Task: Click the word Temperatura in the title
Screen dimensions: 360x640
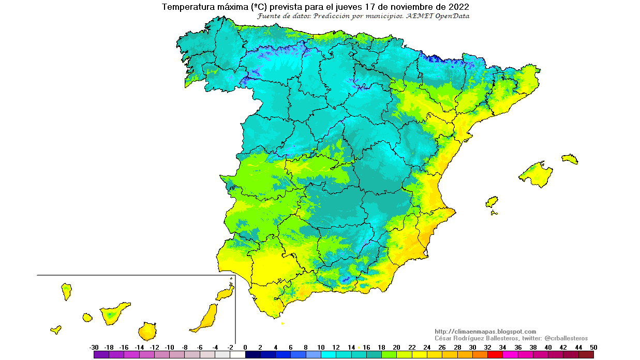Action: (184, 7)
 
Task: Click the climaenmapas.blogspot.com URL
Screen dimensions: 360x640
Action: (485, 332)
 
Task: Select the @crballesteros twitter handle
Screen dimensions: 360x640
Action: (566, 338)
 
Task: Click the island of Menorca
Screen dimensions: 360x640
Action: (570, 159)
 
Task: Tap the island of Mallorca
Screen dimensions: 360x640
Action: (535, 173)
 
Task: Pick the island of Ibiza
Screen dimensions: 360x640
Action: (492, 201)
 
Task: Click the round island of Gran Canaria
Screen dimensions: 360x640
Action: (147, 331)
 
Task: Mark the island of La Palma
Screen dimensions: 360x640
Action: (66, 291)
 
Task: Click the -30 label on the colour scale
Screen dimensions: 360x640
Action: (94, 347)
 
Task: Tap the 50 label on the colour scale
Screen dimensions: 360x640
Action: (593, 347)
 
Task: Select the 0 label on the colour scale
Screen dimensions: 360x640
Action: (245, 347)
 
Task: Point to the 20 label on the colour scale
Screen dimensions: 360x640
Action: (397, 347)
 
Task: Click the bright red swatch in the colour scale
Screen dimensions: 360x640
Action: (495, 355)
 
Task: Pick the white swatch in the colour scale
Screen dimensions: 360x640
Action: (238, 355)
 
